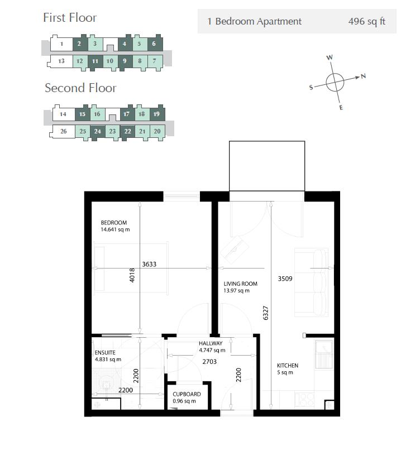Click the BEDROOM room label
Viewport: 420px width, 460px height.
pos(114,223)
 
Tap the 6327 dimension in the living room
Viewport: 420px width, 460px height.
pos(266,313)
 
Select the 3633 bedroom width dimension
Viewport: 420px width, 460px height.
pos(149,264)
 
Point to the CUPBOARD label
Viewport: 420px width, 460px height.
pos(187,394)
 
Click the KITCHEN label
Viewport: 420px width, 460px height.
pos(288,366)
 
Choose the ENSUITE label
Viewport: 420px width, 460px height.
pos(105,353)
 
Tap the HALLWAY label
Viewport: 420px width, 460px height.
pos(211,343)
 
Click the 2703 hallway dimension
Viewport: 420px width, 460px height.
pos(211,361)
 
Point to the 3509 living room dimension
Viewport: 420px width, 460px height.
pos(285,278)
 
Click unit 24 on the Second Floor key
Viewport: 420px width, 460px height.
pos(97,132)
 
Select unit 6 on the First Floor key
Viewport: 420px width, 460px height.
pos(154,44)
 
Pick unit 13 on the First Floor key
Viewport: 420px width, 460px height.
pos(61,61)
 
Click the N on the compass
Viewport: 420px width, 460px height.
pos(363,76)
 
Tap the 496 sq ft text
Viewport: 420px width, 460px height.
pos(366,22)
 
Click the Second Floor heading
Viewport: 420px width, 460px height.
pos(80,88)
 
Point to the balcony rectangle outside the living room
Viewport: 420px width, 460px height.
pos(267,166)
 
